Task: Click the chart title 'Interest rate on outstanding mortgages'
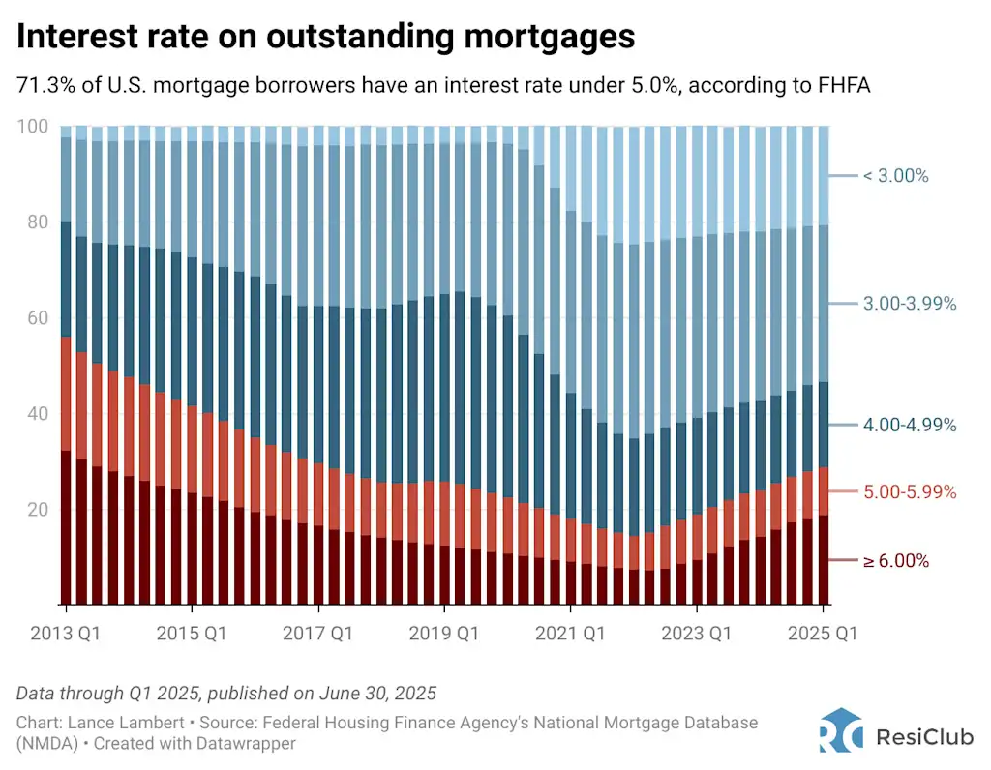325,37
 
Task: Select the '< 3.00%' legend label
895,176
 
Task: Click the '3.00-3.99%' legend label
909,304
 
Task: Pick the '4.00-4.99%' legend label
909,425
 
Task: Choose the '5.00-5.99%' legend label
909,492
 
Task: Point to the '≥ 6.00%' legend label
895,561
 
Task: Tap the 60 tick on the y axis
36,318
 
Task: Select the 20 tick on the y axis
36,510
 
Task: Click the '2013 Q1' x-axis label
66,634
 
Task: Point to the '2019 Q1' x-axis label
444,634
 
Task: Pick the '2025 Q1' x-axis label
823,634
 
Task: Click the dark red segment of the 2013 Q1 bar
67,527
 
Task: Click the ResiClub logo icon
840,730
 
